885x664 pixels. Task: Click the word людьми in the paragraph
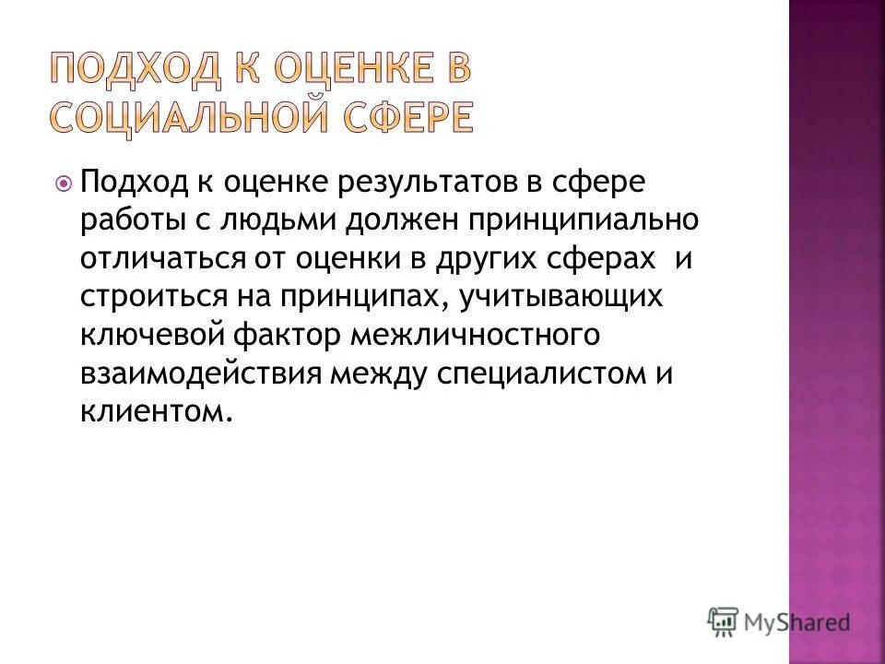click(x=278, y=221)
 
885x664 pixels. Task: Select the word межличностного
click(x=475, y=336)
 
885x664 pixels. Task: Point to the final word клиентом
click(x=151, y=412)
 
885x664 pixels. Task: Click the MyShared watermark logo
click(x=780, y=622)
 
